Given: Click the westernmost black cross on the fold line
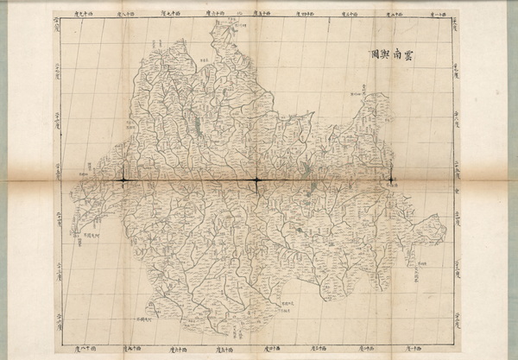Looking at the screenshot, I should point(123,180).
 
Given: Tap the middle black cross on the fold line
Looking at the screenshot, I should point(256,180).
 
